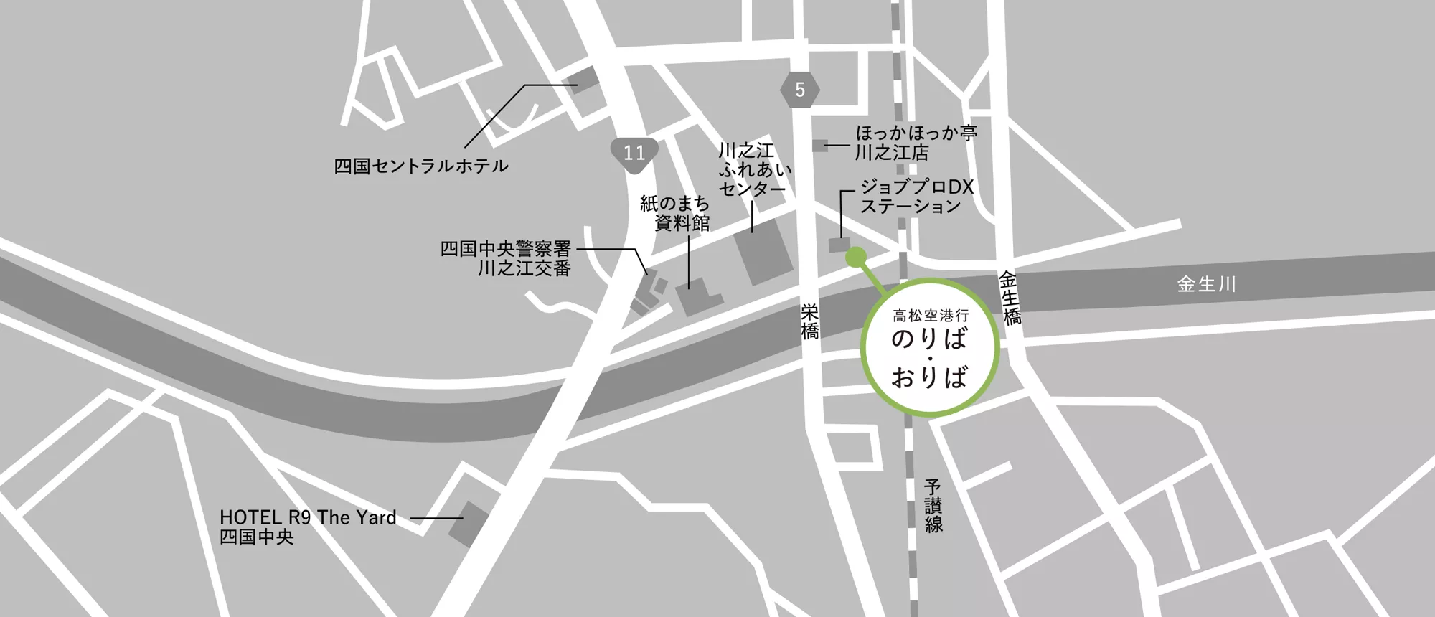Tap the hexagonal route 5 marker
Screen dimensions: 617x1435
[x=800, y=89]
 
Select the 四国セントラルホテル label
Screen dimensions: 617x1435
[x=421, y=166]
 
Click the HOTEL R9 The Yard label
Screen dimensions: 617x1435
[x=308, y=527]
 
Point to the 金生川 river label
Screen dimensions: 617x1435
[x=1206, y=285]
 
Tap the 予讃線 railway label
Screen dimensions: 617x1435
[x=933, y=506]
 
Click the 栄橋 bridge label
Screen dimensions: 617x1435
[x=810, y=321]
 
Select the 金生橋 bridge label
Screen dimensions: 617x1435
[x=1010, y=298]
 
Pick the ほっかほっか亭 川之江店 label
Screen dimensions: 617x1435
[x=916, y=143]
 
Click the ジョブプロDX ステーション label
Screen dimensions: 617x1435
[x=916, y=197]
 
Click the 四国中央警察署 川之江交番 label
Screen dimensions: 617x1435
[x=506, y=259]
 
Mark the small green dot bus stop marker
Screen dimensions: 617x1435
[x=856, y=257]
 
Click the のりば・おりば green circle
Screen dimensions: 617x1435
[x=930, y=347]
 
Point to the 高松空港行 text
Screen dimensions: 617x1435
[x=931, y=315]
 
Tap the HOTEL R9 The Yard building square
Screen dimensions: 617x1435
[x=468, y=524]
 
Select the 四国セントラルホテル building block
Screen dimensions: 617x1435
[x=583, y=80]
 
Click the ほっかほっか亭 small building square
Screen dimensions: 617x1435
[x=819, y=146]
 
